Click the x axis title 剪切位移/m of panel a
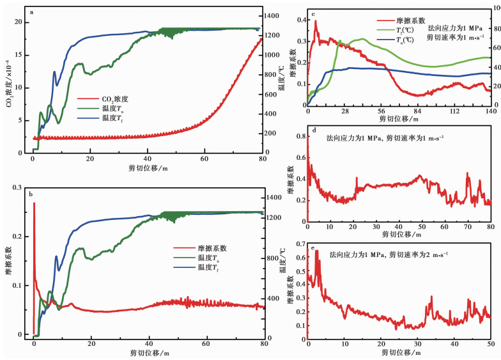(x=147, y=169)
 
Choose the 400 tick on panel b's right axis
(x=271, y=298)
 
